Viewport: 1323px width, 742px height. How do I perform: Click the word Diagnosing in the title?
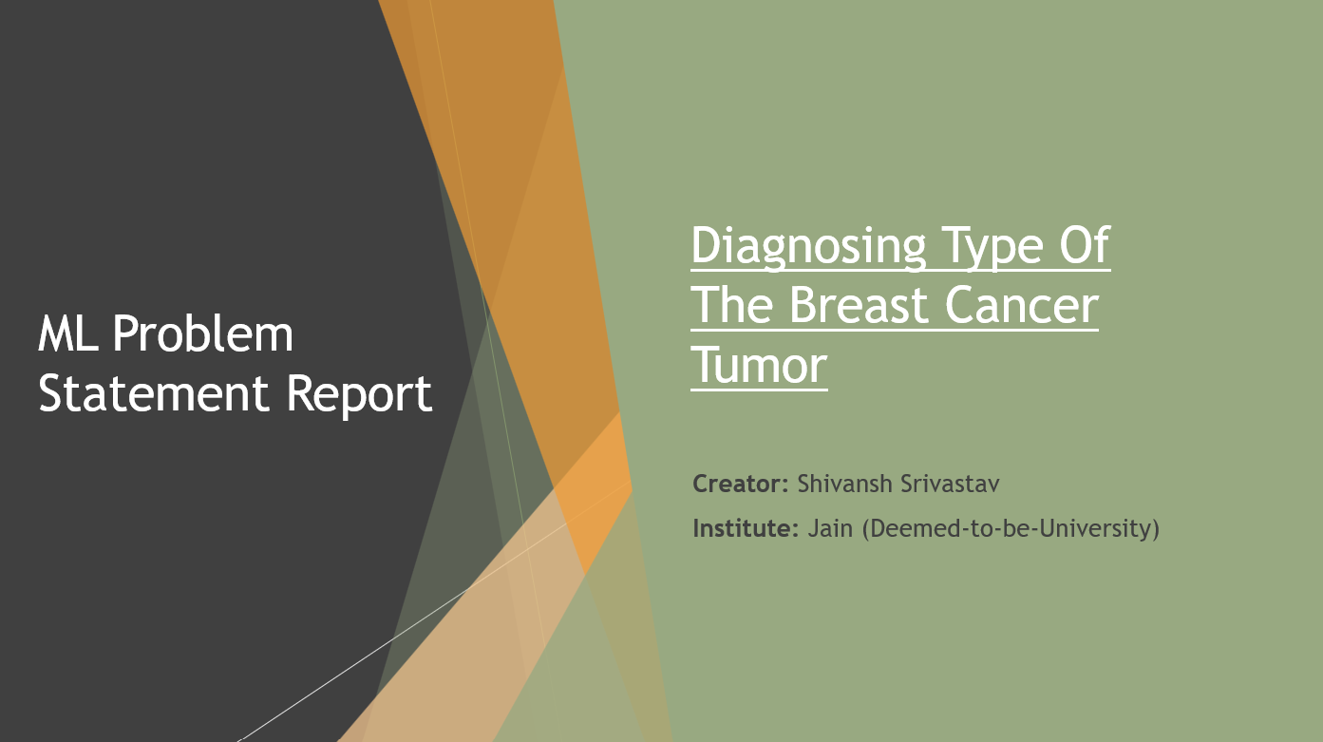pyautogui.click(x=808, y=246)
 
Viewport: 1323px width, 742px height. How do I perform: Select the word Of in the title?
pyautogui.click(x=1084, y=246)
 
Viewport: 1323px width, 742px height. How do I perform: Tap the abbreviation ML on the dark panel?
pyautogui.click(x=70, y=334)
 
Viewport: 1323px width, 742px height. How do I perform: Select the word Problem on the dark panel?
pyautogui.click(x=203, y=334)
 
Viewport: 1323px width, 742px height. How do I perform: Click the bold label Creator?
pyautogui.click(x=741, y=484)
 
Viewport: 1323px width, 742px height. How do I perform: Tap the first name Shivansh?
pyautogui.click(x=844, y=484)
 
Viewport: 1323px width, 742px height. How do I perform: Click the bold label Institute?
pyautogui.click(x=746, y=527)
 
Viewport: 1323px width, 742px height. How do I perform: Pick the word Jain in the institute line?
pyautogui.click(x=829, y=527)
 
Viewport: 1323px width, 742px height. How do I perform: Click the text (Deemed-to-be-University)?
pyautogui.click(x=1011, y=527)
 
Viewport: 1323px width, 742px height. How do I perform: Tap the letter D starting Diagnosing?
pyautogui.click(x=707, y=246)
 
